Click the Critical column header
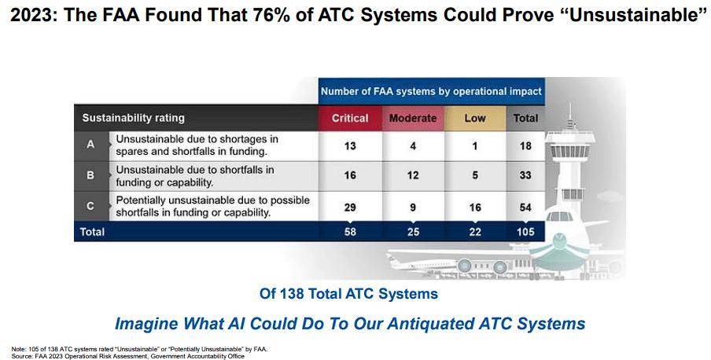tap(350, 119)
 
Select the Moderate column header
tap(413, 119)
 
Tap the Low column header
tap(475, 119)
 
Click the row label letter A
tap(90, 145)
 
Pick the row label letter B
tap(90, 175)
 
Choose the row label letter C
tap(90, 206)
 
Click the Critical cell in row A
tap(350, 146)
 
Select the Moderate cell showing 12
tap(413, 175)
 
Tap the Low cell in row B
tap(475, 175)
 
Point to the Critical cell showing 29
tap(350, 208)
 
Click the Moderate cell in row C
tap(413, 208)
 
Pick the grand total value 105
tap(525, 232)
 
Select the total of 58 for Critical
tap(350, 232)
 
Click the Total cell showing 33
tap(525, 175)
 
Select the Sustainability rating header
tap(134, 119)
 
